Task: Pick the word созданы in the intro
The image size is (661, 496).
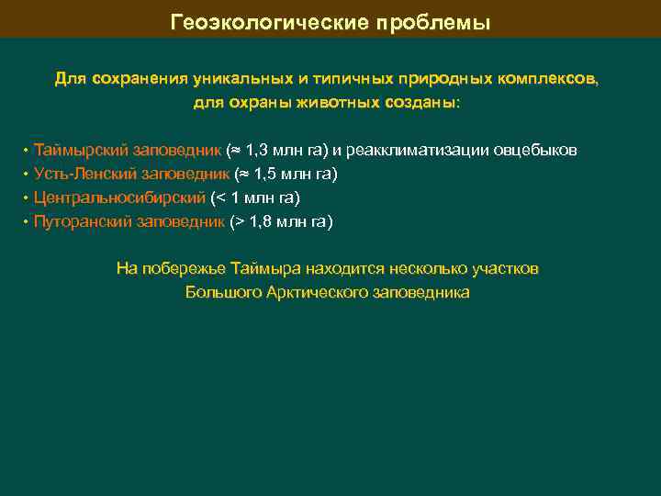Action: [430, 103]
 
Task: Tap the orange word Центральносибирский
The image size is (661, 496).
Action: [119, 197]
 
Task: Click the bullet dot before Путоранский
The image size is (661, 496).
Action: [26, 221]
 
